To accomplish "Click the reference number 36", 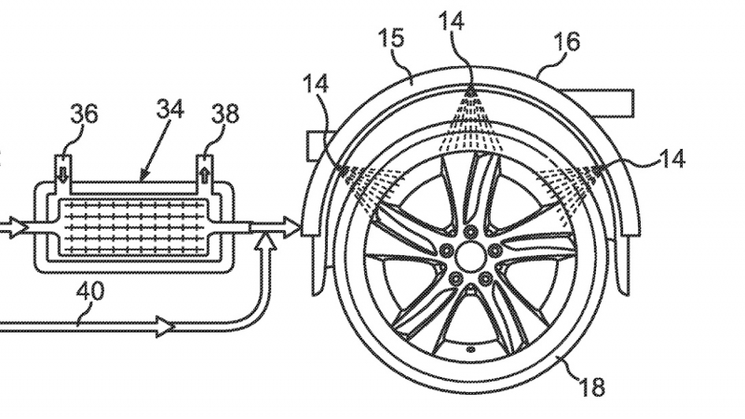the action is (x=84, y=114).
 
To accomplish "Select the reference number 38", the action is (x=225, y=114).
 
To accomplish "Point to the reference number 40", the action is (x=89, y=291).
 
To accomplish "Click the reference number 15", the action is (x=392, y=38).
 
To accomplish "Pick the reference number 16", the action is (x=568, y=42).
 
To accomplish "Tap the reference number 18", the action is (x=592, y=386).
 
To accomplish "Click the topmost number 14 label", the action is (x=452, y=21).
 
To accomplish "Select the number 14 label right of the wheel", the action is (x=671, y=158).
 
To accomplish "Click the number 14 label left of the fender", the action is (x=316, y=84).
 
